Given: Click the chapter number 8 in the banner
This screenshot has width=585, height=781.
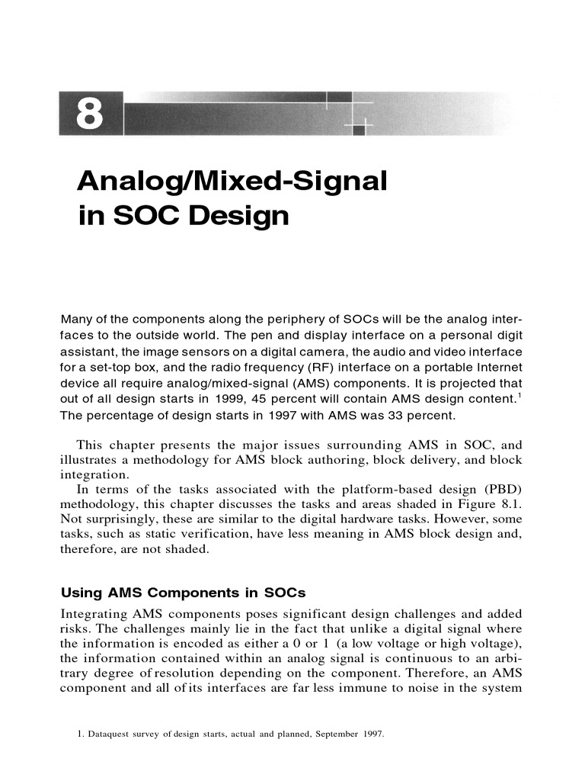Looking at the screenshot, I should pos(89,114).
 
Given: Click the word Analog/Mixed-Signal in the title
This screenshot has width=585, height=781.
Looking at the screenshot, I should pos(232,182).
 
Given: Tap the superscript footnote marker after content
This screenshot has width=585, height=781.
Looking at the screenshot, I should pos(521,396).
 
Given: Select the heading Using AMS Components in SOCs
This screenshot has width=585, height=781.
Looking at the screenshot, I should pos(183,593).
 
